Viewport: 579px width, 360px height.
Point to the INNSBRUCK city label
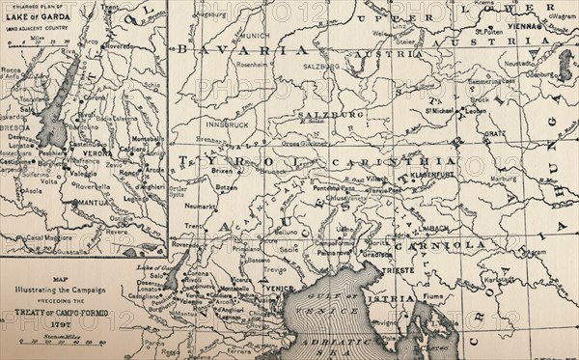[228, 125]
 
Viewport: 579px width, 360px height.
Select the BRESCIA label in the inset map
[16, 127]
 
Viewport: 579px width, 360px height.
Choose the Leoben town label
[476, 111]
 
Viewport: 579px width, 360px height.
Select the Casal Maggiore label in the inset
[47, 236]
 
